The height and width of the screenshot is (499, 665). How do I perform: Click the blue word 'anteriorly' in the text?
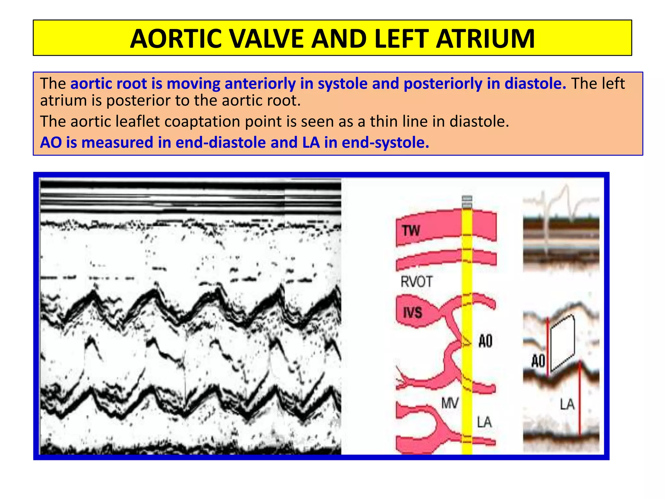click(260, 84)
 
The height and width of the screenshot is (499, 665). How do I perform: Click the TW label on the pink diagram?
click(411, 231)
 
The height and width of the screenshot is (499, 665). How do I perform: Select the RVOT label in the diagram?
click(417, 282)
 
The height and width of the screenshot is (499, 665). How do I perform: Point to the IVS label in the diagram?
click(412, 313)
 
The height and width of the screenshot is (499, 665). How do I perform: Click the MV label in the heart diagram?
click(450, 403)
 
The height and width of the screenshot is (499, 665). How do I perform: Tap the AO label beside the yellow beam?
click(485, 341)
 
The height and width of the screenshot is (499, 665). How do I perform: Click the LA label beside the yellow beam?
click(484, 422)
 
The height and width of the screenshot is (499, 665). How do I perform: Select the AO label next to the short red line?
click(538, 361)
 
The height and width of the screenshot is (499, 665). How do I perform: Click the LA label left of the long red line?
click(567, 405)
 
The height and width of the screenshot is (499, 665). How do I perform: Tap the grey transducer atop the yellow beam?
click(467, 202)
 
